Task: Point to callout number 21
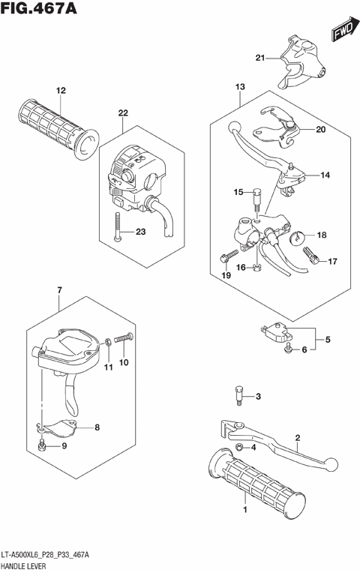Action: click(259, 58)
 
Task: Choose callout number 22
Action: click(122, 113)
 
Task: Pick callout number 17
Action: click(332, 262)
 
